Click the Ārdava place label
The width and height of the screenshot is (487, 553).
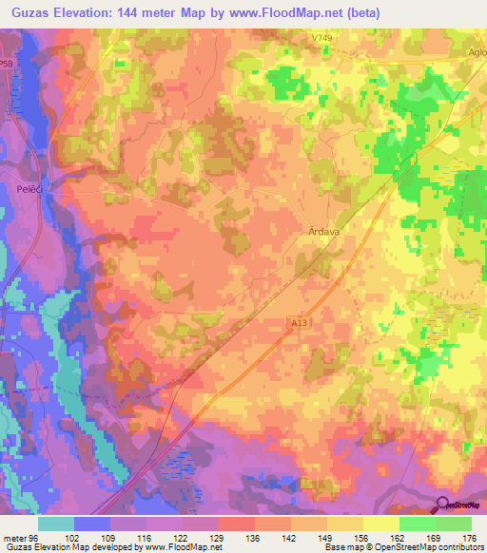pos(324,230)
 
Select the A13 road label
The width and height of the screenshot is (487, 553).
pos(300,323)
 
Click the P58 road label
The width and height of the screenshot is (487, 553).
pos(7,64)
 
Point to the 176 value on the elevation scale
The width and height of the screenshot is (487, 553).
pos(466,537)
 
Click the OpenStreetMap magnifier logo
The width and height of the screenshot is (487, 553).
pos(444,505)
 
